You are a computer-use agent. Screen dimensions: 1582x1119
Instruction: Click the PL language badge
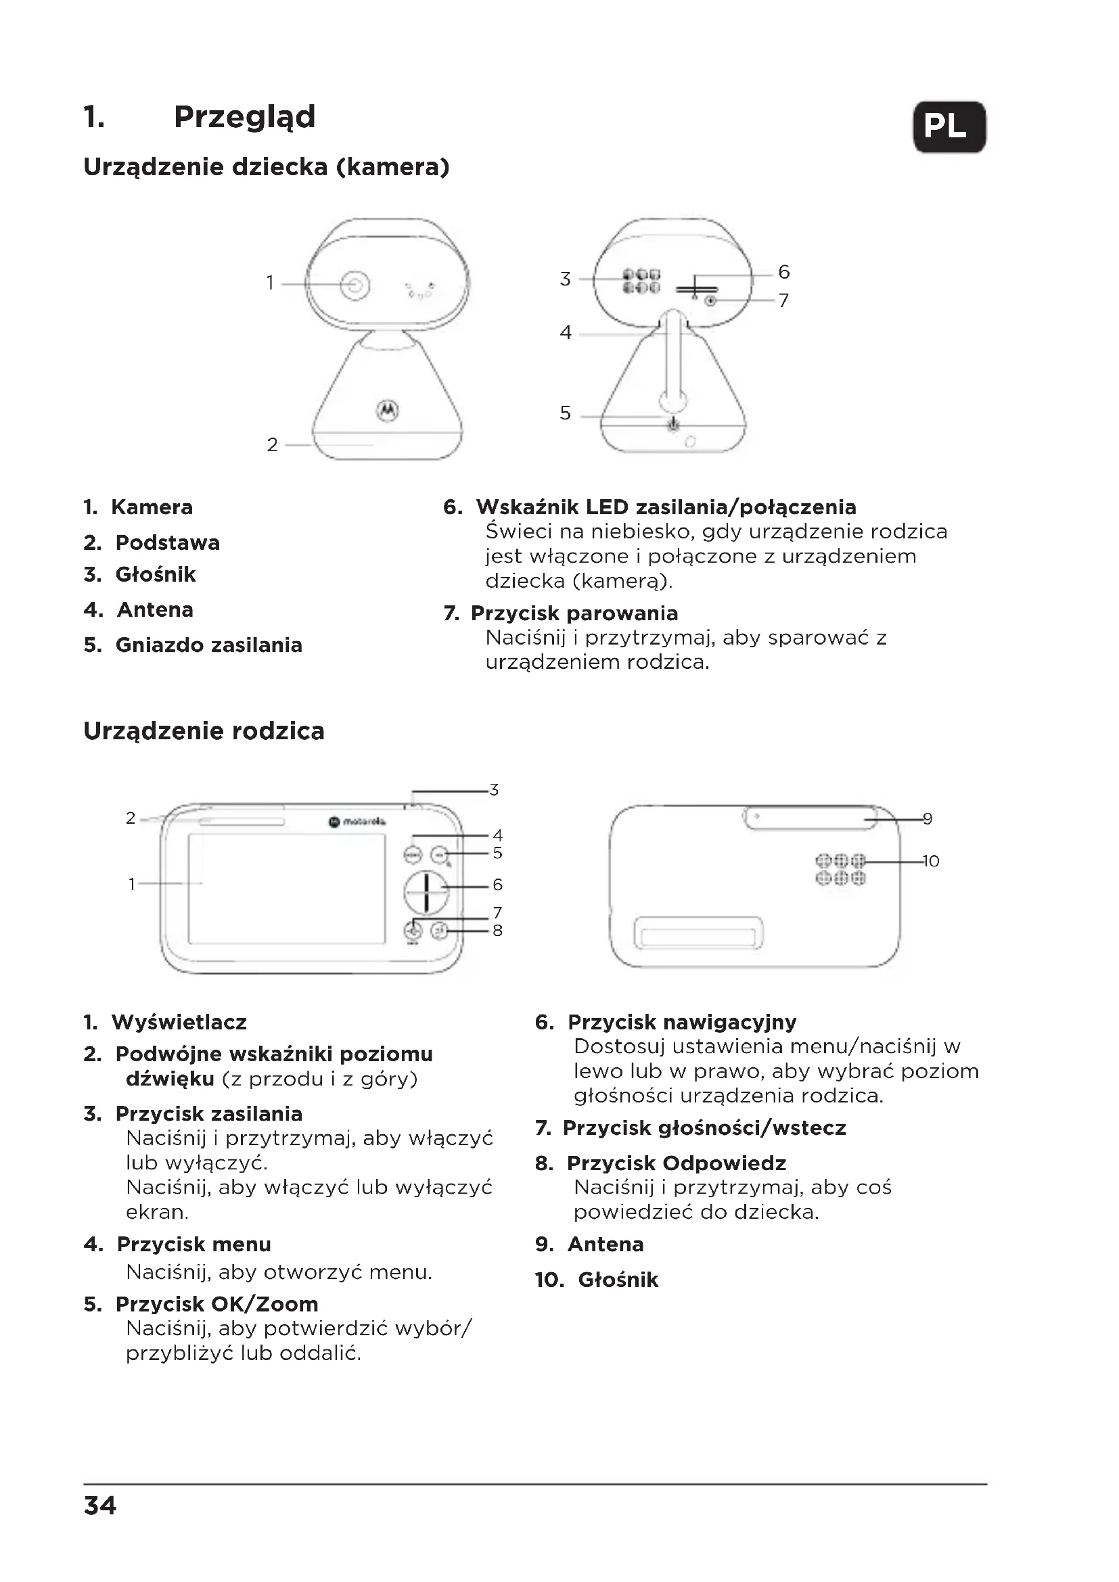949,126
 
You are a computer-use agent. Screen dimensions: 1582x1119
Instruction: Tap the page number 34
100,1506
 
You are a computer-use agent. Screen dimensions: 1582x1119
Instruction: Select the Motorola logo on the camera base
387,410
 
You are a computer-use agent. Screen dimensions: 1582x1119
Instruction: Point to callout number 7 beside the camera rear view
783,300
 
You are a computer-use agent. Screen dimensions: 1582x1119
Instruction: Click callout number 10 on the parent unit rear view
930,861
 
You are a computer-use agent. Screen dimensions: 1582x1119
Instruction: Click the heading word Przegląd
244,116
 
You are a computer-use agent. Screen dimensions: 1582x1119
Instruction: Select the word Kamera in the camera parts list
152,507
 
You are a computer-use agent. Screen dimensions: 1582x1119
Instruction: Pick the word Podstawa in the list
167,542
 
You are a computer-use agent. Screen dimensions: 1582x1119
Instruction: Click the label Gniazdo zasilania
209,645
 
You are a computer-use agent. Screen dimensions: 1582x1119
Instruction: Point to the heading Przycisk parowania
574,613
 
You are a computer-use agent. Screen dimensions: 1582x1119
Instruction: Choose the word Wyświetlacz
179,1022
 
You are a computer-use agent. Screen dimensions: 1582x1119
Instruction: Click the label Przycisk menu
193,1244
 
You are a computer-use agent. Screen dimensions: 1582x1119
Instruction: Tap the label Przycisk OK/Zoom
216,1303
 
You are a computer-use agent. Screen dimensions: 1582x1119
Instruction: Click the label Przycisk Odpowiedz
676,1163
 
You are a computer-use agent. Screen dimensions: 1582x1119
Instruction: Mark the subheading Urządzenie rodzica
204,731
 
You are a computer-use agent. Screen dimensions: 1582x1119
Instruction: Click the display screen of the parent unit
287,889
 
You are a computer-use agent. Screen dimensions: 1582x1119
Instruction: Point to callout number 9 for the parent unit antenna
928,819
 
